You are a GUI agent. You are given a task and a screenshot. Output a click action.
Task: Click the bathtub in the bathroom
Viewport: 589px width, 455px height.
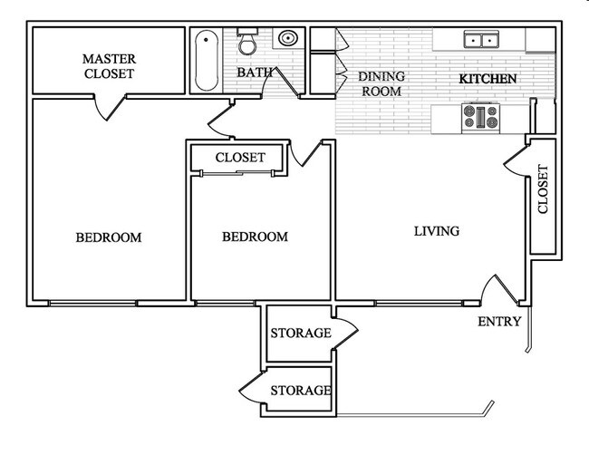pos(206,61)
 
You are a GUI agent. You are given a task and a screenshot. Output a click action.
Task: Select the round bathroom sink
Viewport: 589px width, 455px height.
pos(289,40)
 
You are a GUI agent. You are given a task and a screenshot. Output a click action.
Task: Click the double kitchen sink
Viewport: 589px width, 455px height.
pos(480,40)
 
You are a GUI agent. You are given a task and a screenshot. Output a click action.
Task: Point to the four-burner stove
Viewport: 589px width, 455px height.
pos(481,117)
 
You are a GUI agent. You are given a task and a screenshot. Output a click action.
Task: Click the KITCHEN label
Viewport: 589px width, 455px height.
pos(488,79)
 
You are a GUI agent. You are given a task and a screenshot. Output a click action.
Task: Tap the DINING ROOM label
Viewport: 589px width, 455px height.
pos(381,83)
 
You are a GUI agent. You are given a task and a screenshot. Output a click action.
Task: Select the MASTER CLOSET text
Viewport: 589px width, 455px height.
pos(109,66)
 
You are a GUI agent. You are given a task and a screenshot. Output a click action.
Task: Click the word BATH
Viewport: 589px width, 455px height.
pos(252,73)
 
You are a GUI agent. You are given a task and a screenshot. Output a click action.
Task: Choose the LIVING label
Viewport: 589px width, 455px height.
pos(437,231)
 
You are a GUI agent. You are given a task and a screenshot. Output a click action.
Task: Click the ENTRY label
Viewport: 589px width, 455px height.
pos(499,322)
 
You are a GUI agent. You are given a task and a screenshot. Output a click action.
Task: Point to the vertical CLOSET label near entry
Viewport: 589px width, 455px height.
pos(543,189)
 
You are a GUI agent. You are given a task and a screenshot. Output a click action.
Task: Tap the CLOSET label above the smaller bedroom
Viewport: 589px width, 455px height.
pos(240,158)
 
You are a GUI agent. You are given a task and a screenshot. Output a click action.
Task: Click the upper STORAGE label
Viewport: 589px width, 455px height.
pos(301,334)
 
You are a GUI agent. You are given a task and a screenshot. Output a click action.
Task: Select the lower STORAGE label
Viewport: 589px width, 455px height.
pos(301,391)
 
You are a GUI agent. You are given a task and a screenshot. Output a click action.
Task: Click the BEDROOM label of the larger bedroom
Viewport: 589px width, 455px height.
pos(109,237)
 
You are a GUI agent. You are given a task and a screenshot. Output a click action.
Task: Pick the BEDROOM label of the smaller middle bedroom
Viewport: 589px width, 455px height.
pos(255,237)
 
